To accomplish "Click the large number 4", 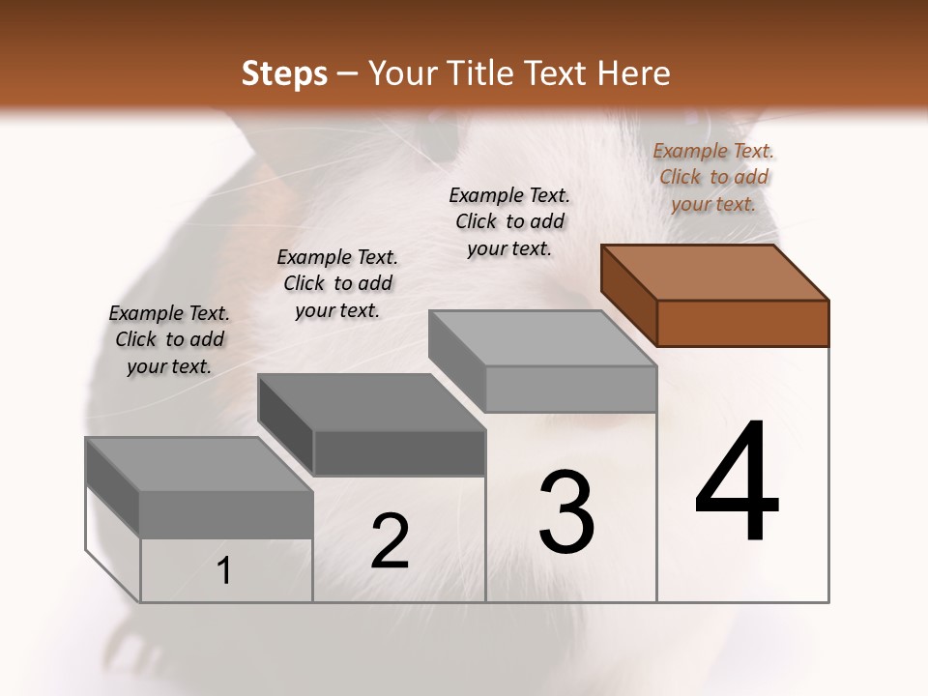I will [x=737, y=482].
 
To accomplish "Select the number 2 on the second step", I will [x=390, y=541].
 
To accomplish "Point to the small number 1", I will [x=224, y=571].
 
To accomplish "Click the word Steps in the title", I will [x=284, y=73].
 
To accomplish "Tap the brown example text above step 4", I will [x=713, y=177].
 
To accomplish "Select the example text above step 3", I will [x=509, y=221].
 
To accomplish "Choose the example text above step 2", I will [x=337, y=283].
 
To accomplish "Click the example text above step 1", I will [x=169, y=339].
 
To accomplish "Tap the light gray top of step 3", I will [x=541, y=337].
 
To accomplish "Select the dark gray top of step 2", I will [x=370, y=401].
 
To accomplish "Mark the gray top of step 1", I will [x=198, y=464].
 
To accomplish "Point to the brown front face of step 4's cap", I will [x=742, y=323].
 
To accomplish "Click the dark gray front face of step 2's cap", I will [x=399, y=453].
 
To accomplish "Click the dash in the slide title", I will [x=348, y=73].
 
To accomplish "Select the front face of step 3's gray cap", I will [x=570, y=390].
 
